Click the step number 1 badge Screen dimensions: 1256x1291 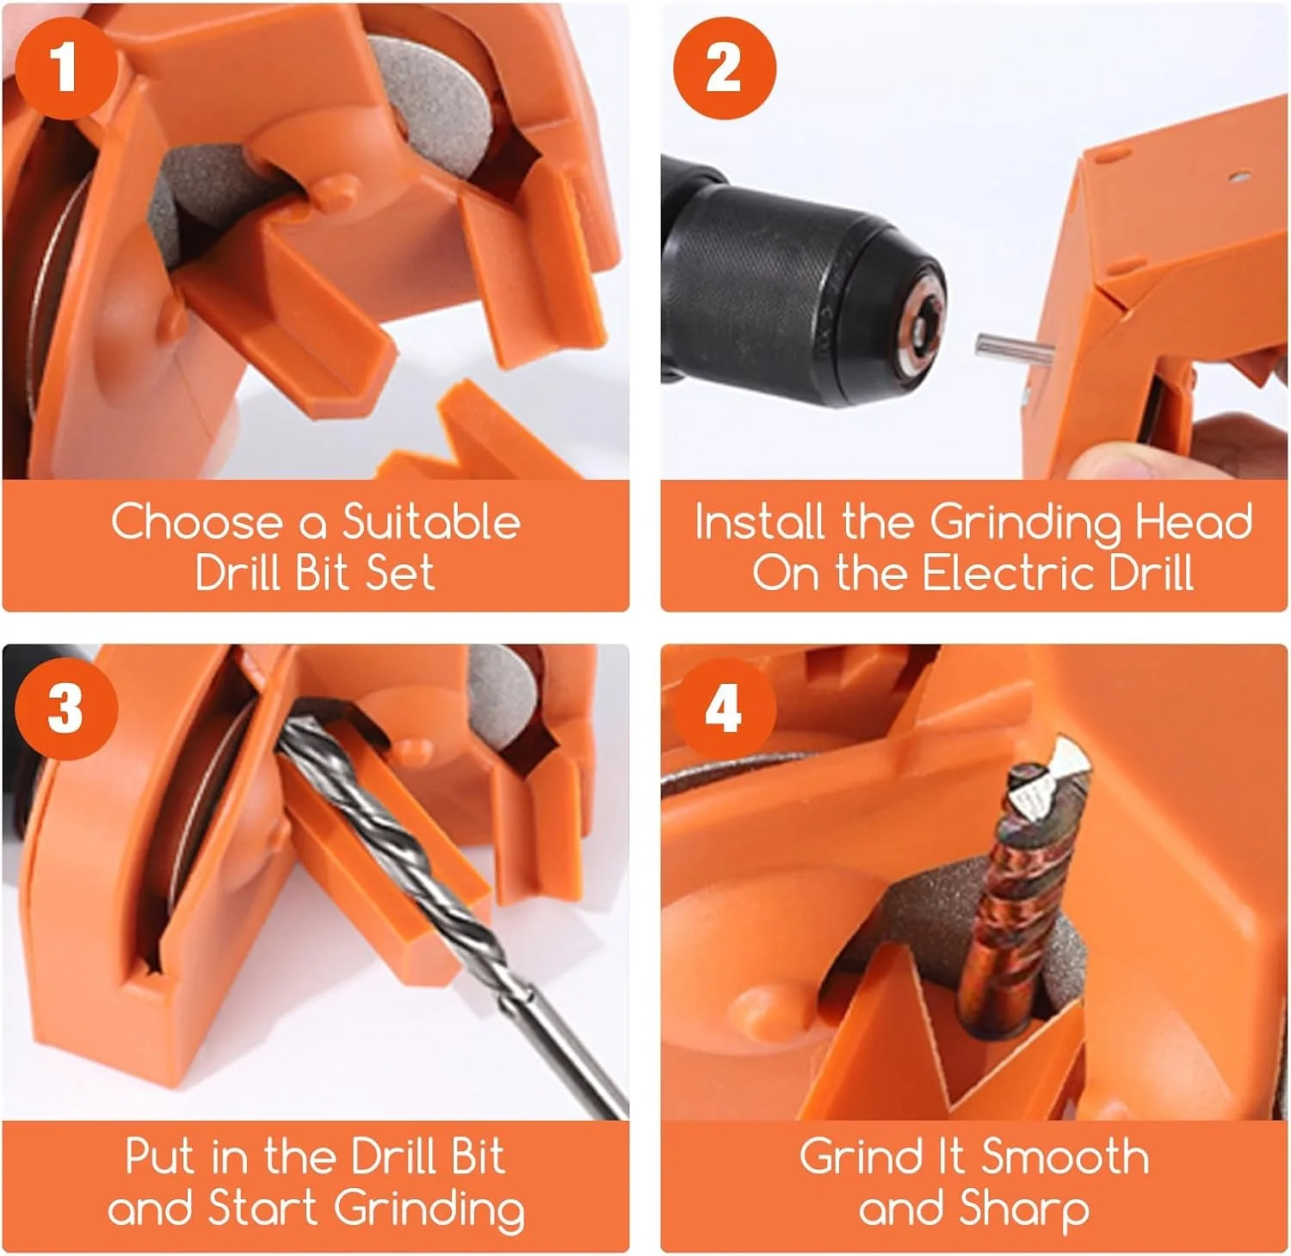pyautogui.click(x=66, y=68)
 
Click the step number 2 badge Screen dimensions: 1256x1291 pyautogui.click(x=724, y=68)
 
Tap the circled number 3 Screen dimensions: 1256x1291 pyautogui.click(x=66, y=709)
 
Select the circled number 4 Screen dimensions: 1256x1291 pyautogui.click(x=724, y=709)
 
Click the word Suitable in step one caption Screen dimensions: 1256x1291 pyautogui.click(x=431, y=521)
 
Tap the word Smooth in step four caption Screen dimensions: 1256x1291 pyautogui.click(x=1065, y=1157)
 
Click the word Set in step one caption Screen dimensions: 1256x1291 pyautogui.click(x=400, y=573)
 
